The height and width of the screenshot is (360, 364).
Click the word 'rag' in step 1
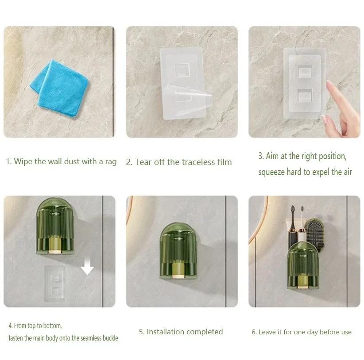tap(111, 162)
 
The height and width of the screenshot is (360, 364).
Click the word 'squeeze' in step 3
tap(271, 172)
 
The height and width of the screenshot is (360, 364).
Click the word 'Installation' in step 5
tap(166, 332)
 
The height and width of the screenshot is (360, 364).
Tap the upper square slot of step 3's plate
tap(305, 71)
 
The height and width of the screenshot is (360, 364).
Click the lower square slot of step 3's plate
tap(305, 95)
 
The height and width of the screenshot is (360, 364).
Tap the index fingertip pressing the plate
tap(329, 83)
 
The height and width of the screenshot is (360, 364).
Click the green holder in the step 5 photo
tap(178, 251)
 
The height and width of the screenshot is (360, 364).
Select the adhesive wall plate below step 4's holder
tap(55, 283)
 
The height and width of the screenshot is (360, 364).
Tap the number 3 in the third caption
tap(260, 156)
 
